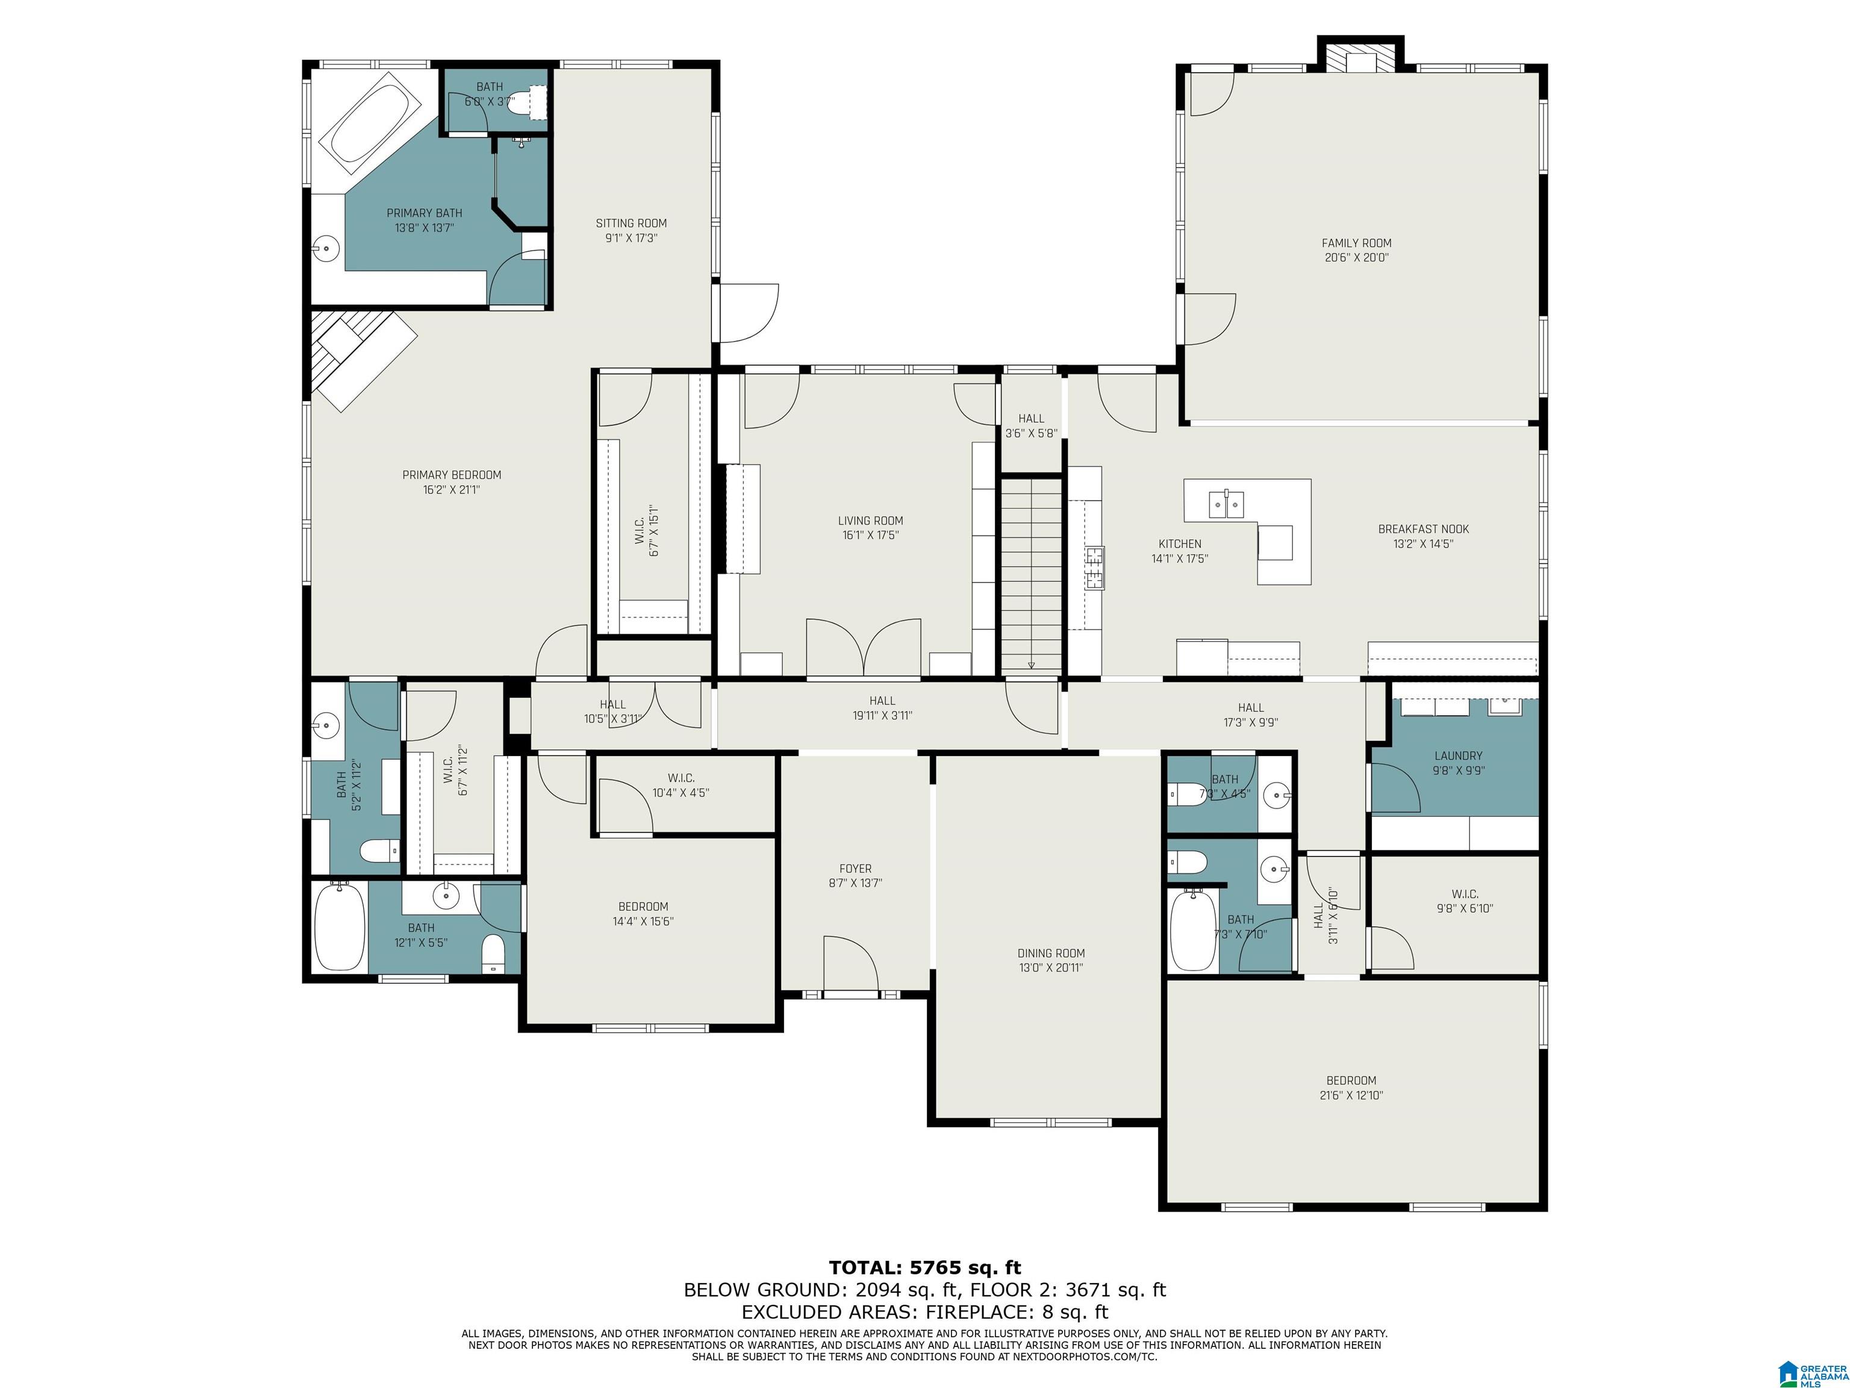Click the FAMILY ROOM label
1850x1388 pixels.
tap(1357, 243)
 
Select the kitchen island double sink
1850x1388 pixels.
tap(1226, 504)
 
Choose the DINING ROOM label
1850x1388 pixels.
tap(1051, 953)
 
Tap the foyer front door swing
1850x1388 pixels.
tap(850, 963)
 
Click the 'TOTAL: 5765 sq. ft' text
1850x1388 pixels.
tap(925, 1268)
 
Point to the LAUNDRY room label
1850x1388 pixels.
tap(1459, 755)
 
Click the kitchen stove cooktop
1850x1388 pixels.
tap(1095, 569)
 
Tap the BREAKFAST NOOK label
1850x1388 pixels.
tap(1424, 529)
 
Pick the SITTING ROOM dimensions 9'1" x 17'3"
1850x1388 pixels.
tap(632, 237)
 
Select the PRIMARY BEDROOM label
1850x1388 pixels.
tap(452, 475)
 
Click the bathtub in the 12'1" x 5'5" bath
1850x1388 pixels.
tap(340, 927)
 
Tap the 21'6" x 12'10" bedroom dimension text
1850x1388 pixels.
tap(1351, 1095)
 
